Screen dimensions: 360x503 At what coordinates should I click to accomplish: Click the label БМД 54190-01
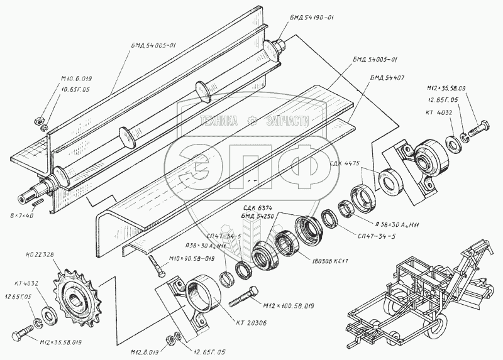(x=312, y=18)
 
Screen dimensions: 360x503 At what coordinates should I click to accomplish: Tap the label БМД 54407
(x=389, y=78)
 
